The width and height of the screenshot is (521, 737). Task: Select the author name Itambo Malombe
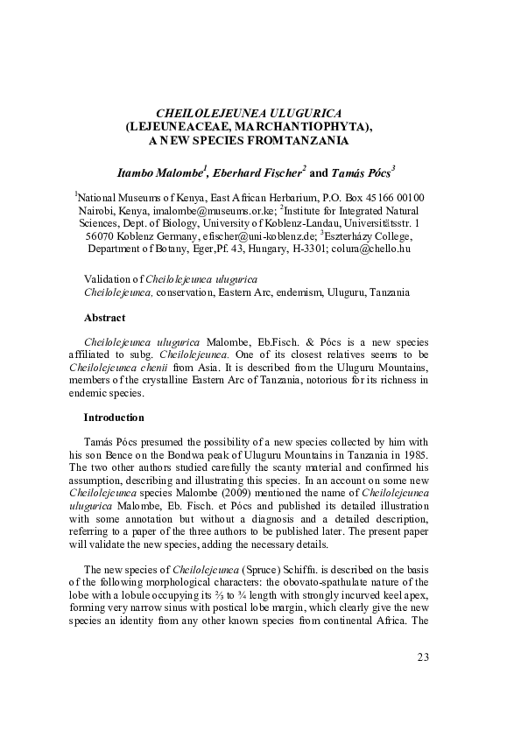click(153, 171)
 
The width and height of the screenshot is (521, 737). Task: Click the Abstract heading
click(104, 317)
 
